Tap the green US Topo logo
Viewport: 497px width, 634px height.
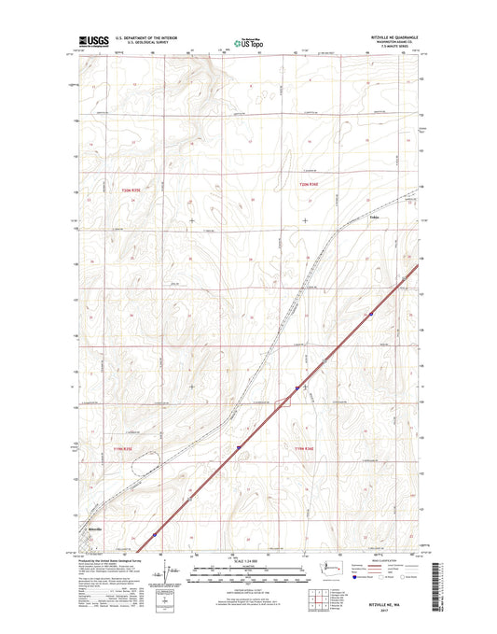click(x=247, y=42)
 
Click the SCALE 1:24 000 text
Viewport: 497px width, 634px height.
click(x=247, y=562)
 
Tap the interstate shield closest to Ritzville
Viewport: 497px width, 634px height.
click(x=155, y=536)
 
